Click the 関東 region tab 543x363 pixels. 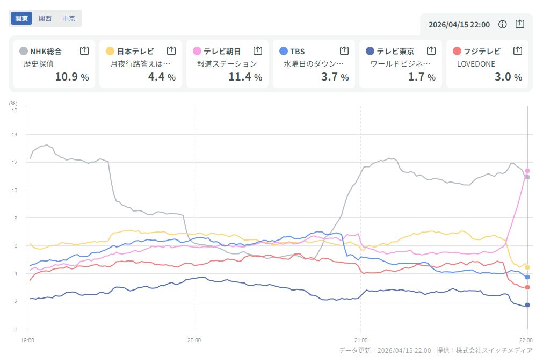[21, 18]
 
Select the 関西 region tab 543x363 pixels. [45, 18]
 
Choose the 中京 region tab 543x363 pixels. [69, 18]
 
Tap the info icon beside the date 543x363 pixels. [503, 24]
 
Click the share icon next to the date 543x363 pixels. [519, 24]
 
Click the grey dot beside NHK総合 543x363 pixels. [23, 51]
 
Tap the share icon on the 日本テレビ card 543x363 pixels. [171, 50]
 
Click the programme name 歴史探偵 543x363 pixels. [39, 64]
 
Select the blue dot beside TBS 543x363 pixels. [284, 51]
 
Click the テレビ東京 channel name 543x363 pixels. [395, 52]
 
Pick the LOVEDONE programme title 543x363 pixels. [476, 64]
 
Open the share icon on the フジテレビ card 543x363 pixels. [518, 50]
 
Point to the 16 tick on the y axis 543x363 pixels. [15, 110]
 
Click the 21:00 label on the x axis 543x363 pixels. [361, 340]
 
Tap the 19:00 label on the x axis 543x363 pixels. [28, 340]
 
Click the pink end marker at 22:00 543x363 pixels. [527, 171]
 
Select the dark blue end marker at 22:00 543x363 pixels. [527, 305]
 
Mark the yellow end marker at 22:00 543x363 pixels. [527, 267]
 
